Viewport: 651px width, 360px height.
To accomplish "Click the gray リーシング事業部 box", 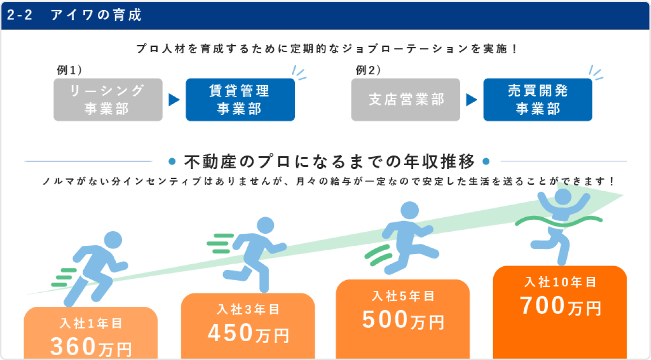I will click(x=107, y=100).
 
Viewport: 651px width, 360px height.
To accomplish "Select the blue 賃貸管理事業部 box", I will click(x=240, y=100).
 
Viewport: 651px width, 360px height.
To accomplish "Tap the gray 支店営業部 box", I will click(x=406, y=100).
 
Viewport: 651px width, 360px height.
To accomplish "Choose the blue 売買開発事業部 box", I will click(x=537, y=100).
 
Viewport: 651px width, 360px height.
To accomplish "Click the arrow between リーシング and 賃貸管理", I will click(x=174, y=100).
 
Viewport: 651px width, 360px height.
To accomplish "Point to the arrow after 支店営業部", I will click(x=471, y=100).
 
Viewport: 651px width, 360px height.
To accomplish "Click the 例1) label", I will click(x=69, y=70).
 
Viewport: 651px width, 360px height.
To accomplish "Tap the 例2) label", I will click(x=368, y=70).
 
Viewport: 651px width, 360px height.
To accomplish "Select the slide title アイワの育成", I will click(x=96, y=15).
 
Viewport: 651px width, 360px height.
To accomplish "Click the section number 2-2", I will click(x=20, y=15).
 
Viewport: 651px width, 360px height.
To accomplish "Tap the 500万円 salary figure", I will click(x=403, y=319).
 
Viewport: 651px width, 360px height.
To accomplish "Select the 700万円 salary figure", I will click(x=560, y=306).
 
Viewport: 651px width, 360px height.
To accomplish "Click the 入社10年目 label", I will click(x=560, y=282).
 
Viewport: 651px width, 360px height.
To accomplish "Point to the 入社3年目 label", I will click(x=248, y=310).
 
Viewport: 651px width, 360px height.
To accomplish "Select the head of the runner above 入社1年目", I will click(x=113, y=240).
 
